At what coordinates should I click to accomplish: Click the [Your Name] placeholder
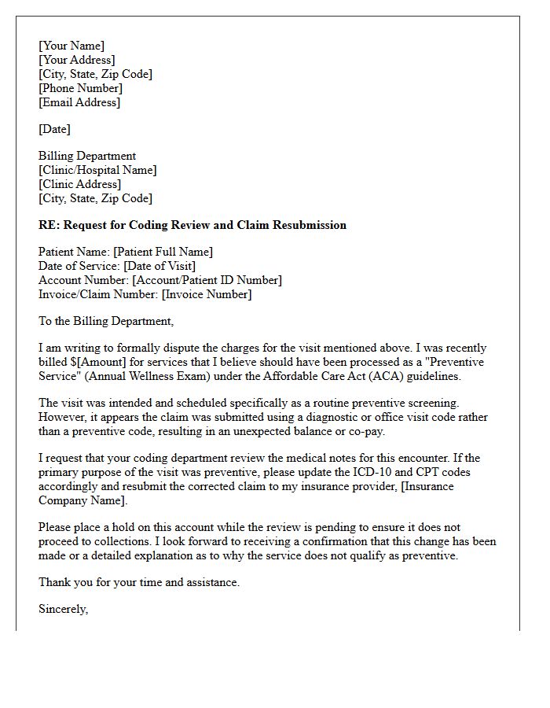tap(71, 46)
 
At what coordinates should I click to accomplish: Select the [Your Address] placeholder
tap(77, 60)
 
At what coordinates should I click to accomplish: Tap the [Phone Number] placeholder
tap(81, 88)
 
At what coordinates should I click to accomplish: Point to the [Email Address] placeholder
tap(79, 102)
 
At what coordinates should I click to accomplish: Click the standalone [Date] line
tap(54, 129)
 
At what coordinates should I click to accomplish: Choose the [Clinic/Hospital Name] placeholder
tap(97, 170)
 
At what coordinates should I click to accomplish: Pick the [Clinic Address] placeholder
tap(79, 184)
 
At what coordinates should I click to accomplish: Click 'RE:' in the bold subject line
tap(49, 225)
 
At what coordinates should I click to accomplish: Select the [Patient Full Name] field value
tap(163, 252)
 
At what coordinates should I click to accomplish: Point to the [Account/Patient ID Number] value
tap(207, 280)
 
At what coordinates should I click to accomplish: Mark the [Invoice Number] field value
tap(207, 294)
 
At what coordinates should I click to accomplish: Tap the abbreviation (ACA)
tap(354, 376)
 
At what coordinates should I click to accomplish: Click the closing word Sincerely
tap(63, 609)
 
